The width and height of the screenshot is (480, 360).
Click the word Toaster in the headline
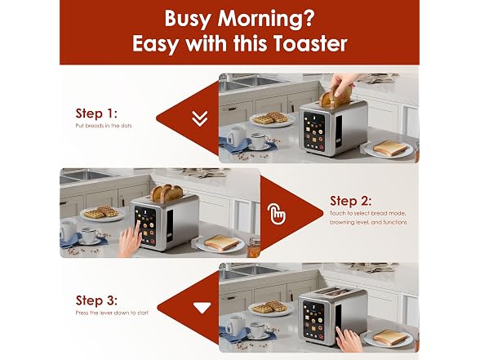(310, 43)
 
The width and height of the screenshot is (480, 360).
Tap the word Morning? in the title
(266, 20)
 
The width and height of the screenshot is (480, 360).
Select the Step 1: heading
(96, 113)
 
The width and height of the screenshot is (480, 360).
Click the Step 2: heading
(350, 201)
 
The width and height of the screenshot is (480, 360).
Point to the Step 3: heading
(96, 300)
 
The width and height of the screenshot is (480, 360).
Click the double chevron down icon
(199, 118)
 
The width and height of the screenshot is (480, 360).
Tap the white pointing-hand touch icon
(277, 213)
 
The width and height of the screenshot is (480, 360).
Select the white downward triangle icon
(202, 308)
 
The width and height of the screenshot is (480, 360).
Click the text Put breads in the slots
(104, 126)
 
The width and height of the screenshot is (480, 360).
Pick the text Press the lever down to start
(112, 313)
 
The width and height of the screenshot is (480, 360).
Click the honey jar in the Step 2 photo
(253, 247)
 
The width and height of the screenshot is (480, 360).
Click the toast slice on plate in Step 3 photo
(391, 336)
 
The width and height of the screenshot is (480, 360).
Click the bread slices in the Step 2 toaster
(167, 193)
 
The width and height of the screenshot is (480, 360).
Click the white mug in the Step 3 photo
(236, 326)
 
